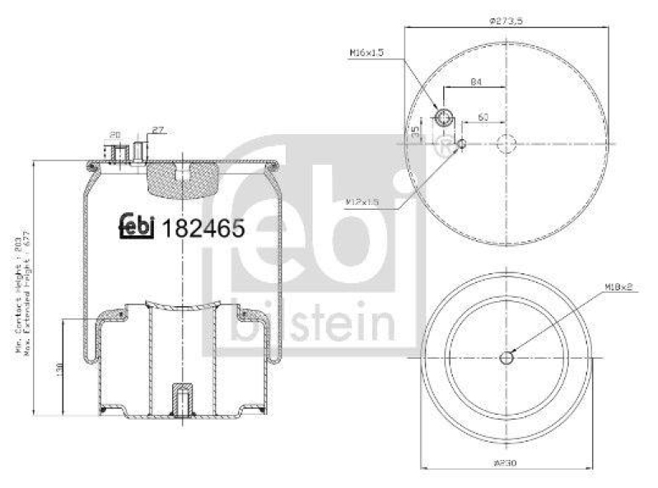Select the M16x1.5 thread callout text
(x=366, y=53)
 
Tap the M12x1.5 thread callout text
(x=362, y=201)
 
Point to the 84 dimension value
(x=476, y=81)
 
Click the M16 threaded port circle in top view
(x=445, y=117)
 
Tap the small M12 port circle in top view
(x=462, y=145)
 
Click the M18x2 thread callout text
(x=619, y=286)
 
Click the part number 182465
(x=203, y=229)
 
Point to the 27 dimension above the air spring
(x=158, y=130)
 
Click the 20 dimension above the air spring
(x=115, y=134)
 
